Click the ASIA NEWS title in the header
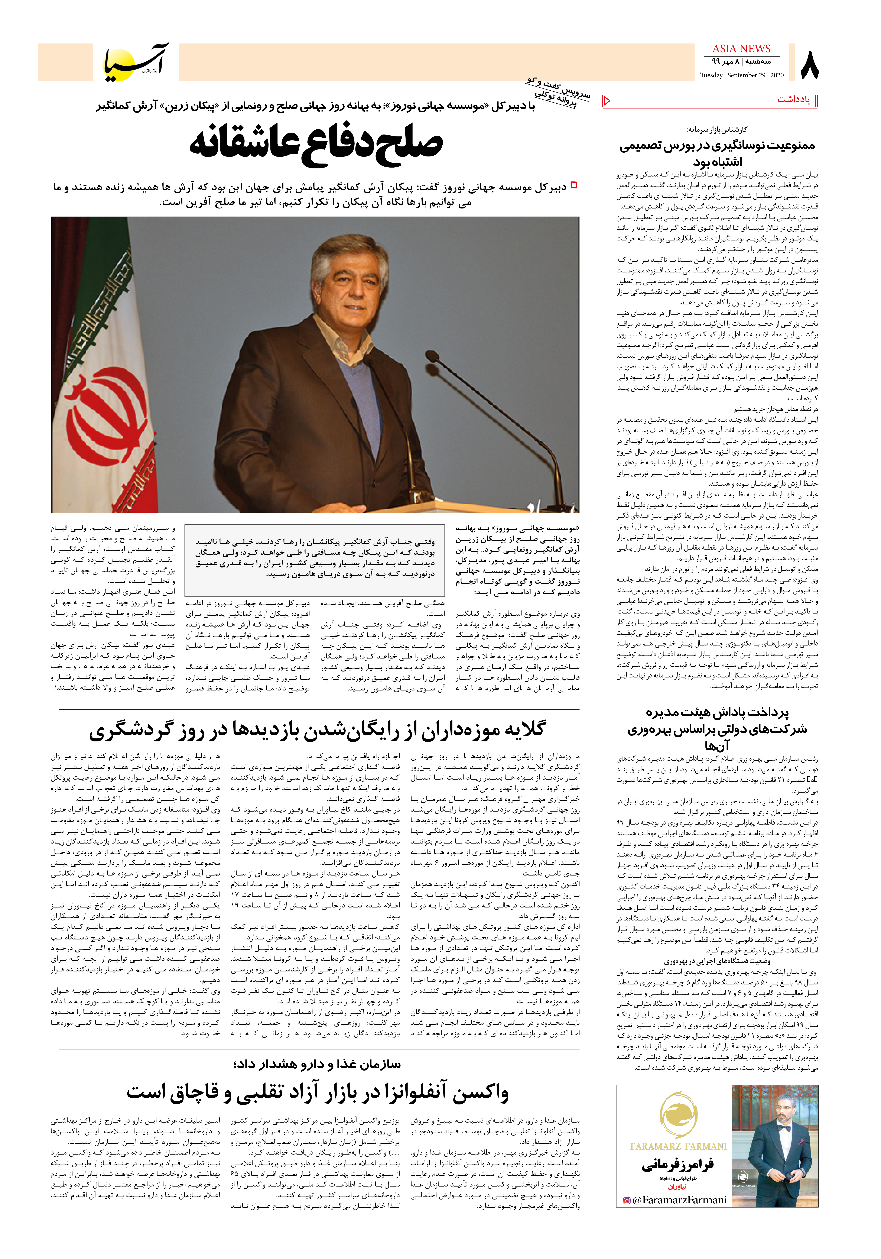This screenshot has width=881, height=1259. [x=741, y=49]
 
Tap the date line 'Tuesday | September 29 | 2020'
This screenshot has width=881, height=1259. [x=741, y=75]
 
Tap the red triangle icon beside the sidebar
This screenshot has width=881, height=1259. [x=606, y=100]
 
